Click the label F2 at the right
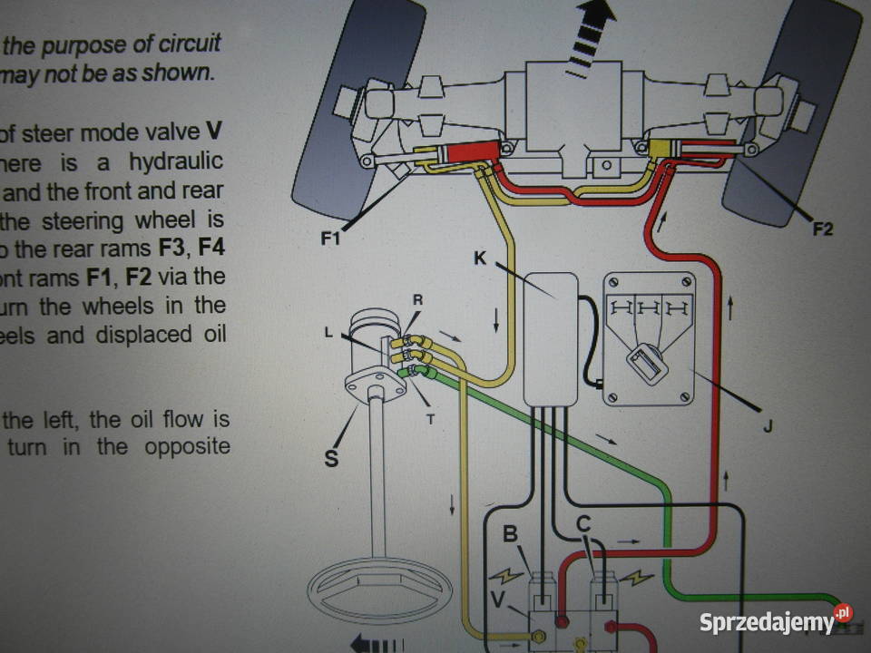click(x=822, y=229)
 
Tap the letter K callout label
click(x=480, y=258)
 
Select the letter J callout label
click(x=767, y=424)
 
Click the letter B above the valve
click(x=512, y=533)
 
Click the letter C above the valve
click(x=584, y=523)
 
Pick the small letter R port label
click(x=417, y=299)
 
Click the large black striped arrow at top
click(x=592, y=36)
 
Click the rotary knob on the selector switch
click(x=648, y=363)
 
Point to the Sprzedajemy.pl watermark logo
click(x=776, y=622)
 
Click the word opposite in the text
click(x=186, y=446)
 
